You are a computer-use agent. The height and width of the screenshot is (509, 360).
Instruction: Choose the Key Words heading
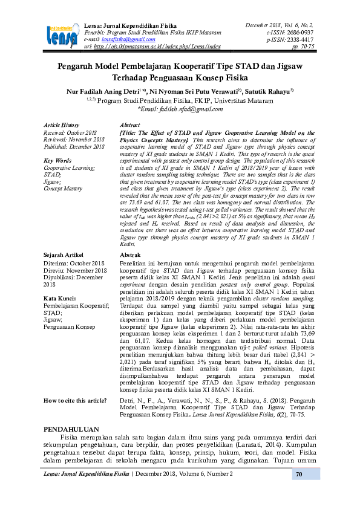pos(58,160)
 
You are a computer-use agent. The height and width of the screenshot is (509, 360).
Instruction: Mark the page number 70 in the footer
pos(298,491)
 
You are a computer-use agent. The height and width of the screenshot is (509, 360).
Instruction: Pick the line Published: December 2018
pos(75,146)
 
